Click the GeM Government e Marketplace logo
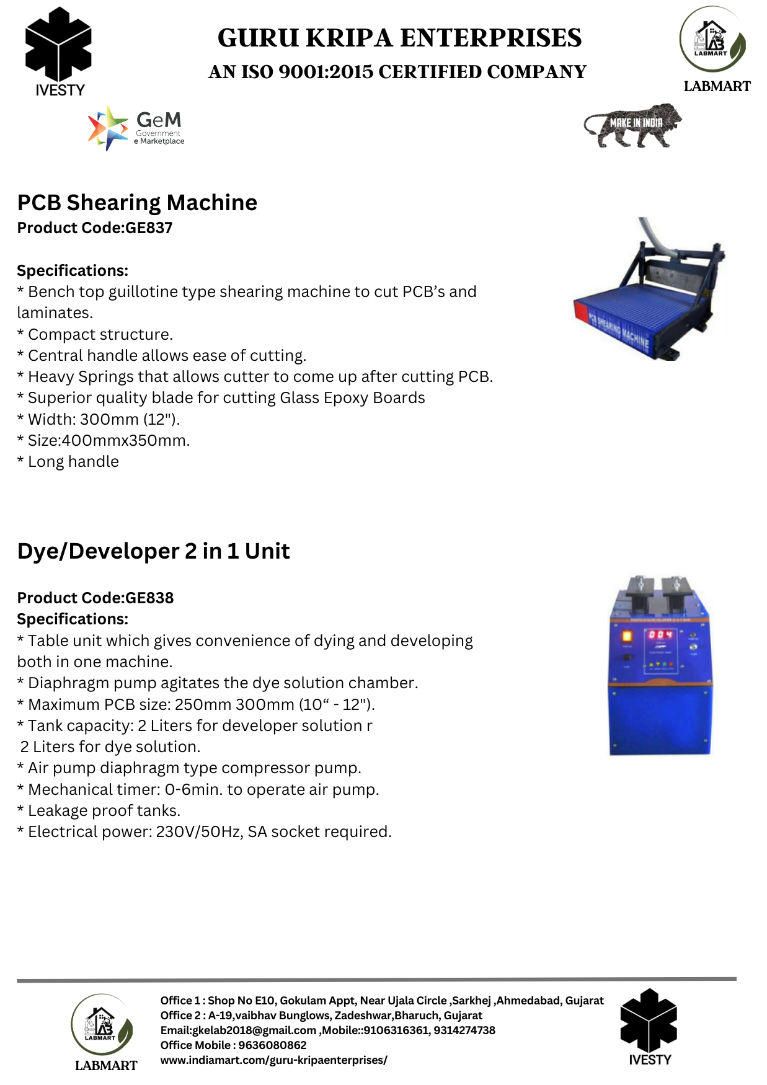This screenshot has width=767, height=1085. pos(136,128)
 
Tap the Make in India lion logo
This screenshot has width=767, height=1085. pos(632,126)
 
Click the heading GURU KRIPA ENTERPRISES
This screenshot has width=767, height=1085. pos(399,38)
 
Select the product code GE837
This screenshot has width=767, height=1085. pos(149,228)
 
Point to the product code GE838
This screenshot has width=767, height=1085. pos(149,598)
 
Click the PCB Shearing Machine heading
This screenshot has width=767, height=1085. pos(137,203)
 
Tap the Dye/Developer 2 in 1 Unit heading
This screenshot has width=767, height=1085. pos(153,551)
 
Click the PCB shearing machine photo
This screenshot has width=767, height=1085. pos(649,289)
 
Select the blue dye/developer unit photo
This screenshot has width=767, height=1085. pos(660,666)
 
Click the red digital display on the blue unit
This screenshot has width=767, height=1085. pos(660,635)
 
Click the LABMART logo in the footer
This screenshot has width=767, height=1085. pos(103,1032)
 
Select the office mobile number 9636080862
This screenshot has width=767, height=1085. pos(272,1045)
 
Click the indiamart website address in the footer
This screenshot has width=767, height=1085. pos(273,1060)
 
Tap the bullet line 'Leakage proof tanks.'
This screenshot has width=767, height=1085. pos(99,811)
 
